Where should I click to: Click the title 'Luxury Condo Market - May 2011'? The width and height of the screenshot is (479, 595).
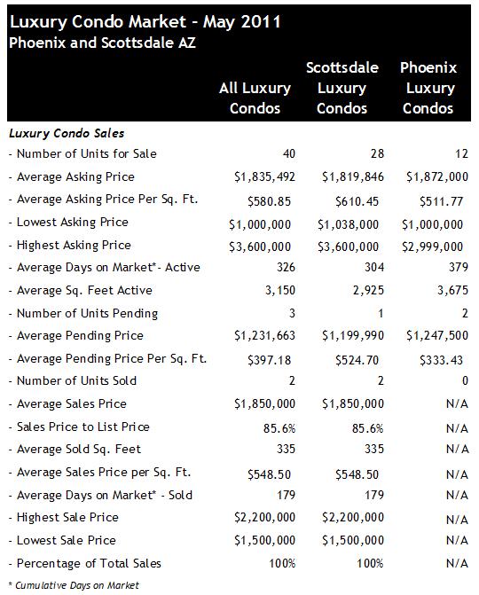[145, 22]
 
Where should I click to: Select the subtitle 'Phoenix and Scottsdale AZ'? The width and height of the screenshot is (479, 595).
[102, 43]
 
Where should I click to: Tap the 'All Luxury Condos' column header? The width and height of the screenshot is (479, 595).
[255, 98]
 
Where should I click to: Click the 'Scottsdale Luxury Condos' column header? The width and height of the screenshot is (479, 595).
[342, 88]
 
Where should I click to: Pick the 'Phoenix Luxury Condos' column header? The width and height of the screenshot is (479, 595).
[428, 88]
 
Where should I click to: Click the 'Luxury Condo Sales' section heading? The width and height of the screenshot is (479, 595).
[67, 134]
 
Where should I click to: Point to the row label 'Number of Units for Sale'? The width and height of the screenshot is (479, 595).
[87, 153]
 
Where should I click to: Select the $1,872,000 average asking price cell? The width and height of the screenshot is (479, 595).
[437, 176]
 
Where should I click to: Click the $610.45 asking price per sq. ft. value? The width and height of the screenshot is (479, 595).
[357, 201]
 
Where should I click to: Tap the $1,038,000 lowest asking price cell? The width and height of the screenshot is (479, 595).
[348, 224]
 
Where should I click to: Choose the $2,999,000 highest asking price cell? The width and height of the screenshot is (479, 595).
[432, 247]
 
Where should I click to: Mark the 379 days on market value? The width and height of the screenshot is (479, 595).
[458, 267]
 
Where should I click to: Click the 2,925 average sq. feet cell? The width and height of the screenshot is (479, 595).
[368, 290]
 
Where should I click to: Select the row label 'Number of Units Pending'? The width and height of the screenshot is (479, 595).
[87, 313]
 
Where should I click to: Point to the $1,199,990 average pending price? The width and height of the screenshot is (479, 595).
[353, 335]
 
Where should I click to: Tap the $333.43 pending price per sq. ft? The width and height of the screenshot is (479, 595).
[441, 360]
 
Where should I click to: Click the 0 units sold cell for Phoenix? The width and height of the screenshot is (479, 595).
[465, 380]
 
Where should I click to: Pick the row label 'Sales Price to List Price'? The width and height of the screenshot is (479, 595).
[83, 427]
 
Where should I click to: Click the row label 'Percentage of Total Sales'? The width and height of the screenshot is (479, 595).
[89, 563]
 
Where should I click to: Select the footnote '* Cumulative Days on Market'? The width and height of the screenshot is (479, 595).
[74, 585]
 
